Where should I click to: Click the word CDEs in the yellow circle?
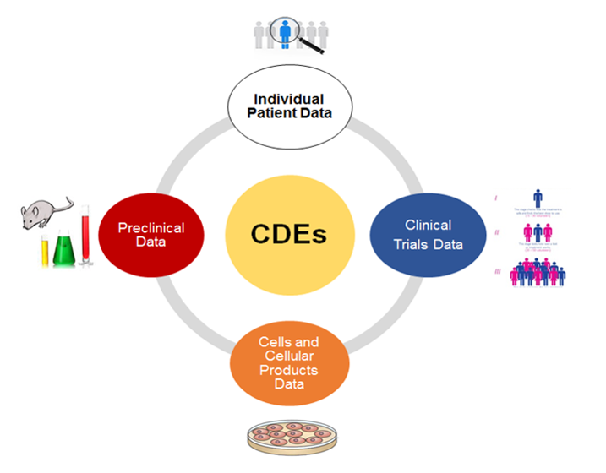[289, 231]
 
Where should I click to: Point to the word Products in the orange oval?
[289, 371]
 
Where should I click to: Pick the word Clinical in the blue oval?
[429, 225]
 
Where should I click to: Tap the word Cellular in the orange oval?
[289, 356]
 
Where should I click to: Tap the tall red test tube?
[85, 241]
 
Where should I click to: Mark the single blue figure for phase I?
[538, 200]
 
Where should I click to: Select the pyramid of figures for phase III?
[538, 272]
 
